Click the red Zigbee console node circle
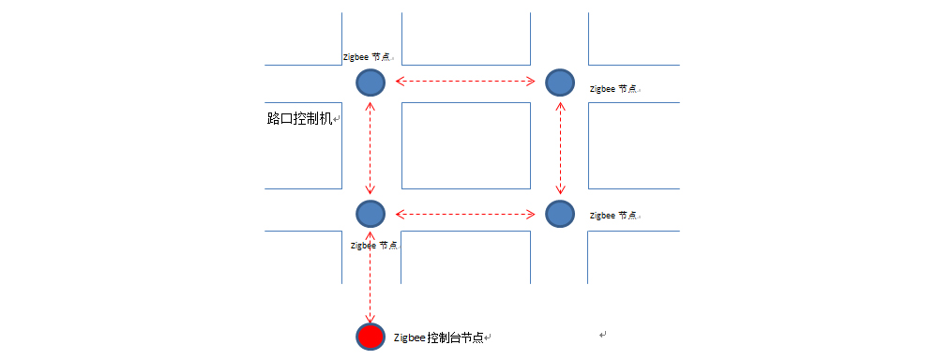(371, 337)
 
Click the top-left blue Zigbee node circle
(371, 82)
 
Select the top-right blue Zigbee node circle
(560, 82)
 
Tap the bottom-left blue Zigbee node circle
(371, 213)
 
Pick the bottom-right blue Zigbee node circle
(560, 213)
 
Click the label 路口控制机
(299, 119)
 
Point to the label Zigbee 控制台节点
(438, 337)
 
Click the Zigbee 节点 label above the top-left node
(368, 57)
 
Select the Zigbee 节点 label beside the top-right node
(613, 89)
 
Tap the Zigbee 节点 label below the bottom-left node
(373, 246)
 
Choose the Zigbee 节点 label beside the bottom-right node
(613, 216)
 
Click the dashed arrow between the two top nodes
(465, 82)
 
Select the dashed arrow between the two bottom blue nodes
(465, 213)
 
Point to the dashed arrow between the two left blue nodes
(371, 147)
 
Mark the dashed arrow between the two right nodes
(560, 147)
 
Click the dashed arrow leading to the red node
(371, 277)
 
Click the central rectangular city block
(465, 145)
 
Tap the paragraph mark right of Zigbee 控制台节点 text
(489, 338)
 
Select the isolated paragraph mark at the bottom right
(603, 334)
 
